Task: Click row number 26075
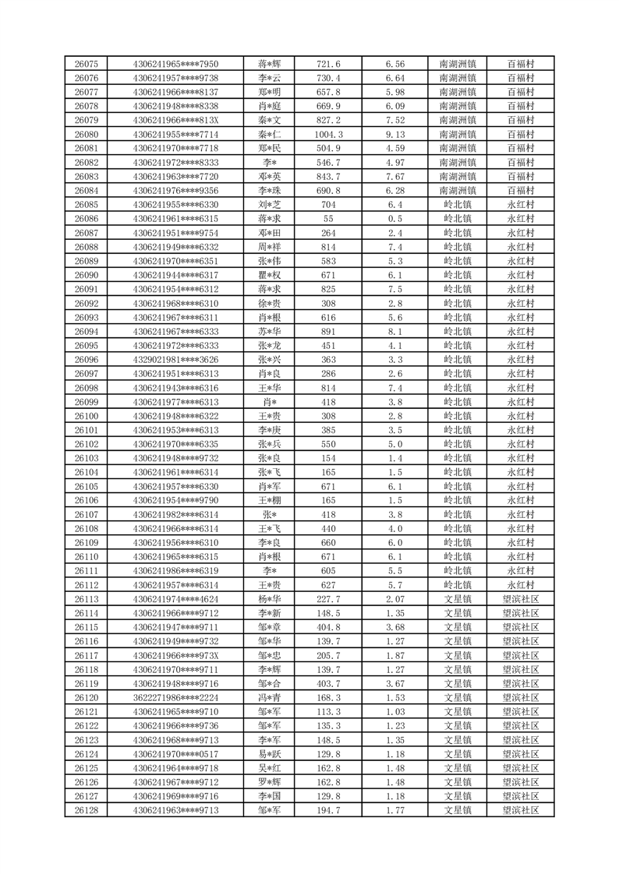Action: click(x=86, y=64)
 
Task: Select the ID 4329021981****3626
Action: click(x=176, y=359)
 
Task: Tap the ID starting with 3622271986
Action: click(x=176, y=697)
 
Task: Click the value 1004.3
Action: click(x=328, y=134)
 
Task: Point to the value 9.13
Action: click(x=395, y=134)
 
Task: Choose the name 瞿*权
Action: click(x=270, y=275)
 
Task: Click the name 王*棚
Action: click(x=270, y=500)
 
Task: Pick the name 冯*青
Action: click(x=270, y=697)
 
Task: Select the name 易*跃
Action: click(x=270, y=754)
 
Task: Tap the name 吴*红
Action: click(x=270, y=768)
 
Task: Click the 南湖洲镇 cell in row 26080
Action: click(x=458, y=134)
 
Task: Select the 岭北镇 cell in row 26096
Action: click(x=458, y=359)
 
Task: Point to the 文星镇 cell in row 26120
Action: click(x=458, y=697)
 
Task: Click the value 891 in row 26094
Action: click(x=328, y=331)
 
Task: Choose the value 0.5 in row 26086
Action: click(x=395, y=219)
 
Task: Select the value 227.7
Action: click(x=328, y=599)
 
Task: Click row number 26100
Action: click(x=86, y=416)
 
